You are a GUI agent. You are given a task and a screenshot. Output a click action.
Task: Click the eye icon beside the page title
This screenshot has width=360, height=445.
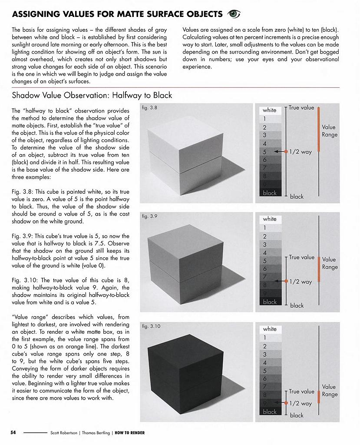point(234,14)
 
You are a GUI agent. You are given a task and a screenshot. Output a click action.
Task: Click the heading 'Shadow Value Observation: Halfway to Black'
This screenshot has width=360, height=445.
point(92,95)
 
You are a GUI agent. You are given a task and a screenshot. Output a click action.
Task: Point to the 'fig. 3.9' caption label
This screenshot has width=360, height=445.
point(150,216)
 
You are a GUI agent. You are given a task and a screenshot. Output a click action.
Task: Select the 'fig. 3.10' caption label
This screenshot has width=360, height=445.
point(151,325)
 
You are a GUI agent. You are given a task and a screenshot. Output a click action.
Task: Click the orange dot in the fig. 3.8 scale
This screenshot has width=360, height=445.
point(286,152)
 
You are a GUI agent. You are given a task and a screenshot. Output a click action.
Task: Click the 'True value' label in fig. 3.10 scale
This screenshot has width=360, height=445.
point(301,392)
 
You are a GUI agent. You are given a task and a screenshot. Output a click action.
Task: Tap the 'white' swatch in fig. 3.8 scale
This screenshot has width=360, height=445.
point(270,110)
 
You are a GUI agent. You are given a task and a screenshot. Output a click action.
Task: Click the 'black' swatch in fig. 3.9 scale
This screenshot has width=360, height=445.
point(270,302)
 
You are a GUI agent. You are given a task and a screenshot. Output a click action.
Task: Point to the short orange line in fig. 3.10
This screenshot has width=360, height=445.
point(319,397)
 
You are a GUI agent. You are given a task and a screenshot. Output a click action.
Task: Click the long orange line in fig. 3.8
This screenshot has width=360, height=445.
point(319,129)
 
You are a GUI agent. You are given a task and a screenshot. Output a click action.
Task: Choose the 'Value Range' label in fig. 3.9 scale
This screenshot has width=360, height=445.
point(330,263)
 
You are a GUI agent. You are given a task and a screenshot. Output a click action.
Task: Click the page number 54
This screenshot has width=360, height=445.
point(13,432)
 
